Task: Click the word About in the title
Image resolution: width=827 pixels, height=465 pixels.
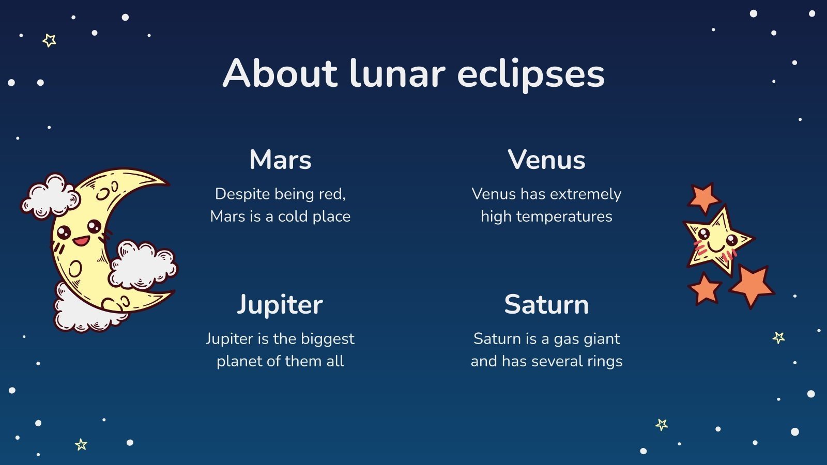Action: click(280, 73)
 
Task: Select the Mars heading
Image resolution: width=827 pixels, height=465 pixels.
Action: click(280, 160)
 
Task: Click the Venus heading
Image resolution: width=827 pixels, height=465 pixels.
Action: click(546, 160)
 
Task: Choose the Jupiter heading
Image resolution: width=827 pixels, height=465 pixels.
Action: click(280, 304)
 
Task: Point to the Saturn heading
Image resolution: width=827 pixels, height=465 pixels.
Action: click(546, 304)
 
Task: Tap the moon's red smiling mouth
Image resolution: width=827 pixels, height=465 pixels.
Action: click(81, 241)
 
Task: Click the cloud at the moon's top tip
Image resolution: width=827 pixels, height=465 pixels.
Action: click(50, 196)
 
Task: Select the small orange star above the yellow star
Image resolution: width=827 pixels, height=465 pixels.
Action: click(703, 197)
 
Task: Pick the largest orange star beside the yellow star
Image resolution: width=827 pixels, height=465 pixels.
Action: click(752, 285)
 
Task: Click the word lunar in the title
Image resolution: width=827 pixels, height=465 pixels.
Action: click(397, 73)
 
